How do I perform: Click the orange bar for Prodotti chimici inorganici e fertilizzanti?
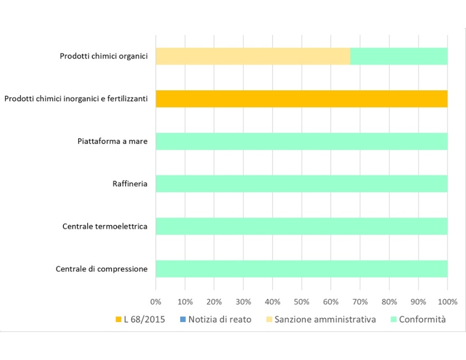[x=302, y=99]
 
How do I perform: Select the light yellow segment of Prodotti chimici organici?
[x=253, y=56]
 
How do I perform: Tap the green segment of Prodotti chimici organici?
[x=399, y=56]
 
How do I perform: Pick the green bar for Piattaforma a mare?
[x=302, y=141]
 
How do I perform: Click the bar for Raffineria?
[x=302, y=184]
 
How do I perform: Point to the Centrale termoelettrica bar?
[x=302, y=226]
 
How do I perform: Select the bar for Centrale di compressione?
[x=302, y=269]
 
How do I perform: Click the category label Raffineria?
[x=130, y=184]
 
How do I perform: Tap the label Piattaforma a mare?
[x=112, y=141]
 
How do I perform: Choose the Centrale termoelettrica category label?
[x=105, y=227]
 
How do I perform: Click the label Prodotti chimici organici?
[x=104, y=56]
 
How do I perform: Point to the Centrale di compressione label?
[x=101, y=269]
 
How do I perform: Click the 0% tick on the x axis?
[x=156, y=302]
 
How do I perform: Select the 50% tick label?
[x=302, y=302]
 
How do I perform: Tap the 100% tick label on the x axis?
[x=447, y=302]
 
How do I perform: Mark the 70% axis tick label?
[x=360, y=302]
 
